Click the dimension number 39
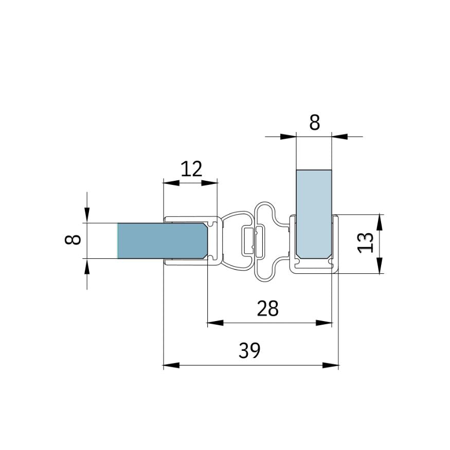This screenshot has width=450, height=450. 249,350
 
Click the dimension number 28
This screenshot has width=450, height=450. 267,308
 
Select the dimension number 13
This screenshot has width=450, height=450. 366,243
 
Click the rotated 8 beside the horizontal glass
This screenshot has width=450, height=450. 73,239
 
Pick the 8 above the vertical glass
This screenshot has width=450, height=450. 314,123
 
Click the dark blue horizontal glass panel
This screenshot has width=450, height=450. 163,240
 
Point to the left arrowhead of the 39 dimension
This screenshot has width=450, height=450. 171,365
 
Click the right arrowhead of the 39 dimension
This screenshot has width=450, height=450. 331,365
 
